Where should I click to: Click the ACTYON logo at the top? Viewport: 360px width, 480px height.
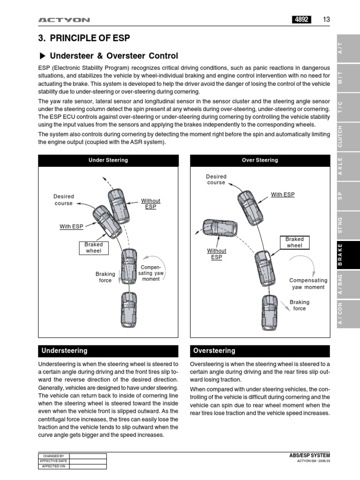[x=64, y=20]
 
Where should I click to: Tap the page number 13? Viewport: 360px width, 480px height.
[x=326, y=19]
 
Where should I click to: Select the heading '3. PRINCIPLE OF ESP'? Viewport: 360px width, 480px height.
[x=83, y=38]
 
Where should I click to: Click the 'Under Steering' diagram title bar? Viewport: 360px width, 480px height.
[x=108, y=160]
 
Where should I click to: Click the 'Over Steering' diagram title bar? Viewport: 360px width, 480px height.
[x=260, y=160]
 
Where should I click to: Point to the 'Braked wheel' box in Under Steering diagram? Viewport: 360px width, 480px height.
[x=93, y=247]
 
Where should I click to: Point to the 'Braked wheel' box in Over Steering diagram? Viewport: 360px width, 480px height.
[x=294, y=242]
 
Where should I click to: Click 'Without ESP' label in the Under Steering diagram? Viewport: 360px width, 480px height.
[x=150, y=204]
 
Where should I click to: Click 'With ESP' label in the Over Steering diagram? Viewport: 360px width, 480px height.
[x=283, y=195]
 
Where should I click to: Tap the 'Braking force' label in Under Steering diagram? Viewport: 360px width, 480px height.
[x=105, y=277]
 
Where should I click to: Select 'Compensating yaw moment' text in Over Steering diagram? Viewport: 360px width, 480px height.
[x=308, y=284]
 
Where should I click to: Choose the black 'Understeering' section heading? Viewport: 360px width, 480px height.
[x=108, y=351]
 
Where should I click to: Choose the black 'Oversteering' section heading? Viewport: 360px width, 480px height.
[x=260, y=351]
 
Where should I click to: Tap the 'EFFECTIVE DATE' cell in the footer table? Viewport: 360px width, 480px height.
[x=53, y=461]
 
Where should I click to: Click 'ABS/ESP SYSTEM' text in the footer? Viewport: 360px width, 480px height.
[x=310, y=455]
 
